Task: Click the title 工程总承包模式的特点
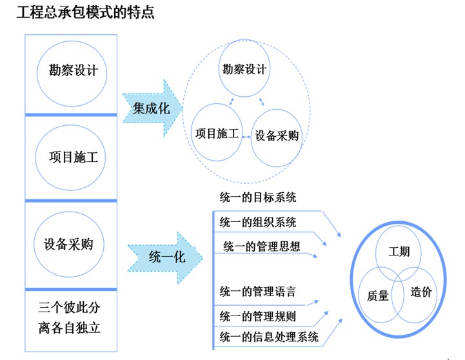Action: click(85, 12)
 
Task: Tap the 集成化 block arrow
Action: click(152, 108)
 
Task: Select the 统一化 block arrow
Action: click(165, 257)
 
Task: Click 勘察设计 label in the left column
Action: click(74, 70)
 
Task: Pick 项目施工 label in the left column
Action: click(74, 157)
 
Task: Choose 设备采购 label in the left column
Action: click(68, 244)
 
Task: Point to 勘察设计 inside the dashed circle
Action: click(244, 69)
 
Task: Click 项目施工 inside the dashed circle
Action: click(217, 134)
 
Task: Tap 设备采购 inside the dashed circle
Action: click(277, 135)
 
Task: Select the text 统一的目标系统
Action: click(258, 197)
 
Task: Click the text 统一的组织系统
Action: click(258, 222)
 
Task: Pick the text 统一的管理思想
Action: click(262, 246)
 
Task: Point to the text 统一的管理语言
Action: click(258, 292)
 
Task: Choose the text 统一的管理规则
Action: click(258, 316)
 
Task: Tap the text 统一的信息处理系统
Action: click(269, 337)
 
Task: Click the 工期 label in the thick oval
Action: click(399, 252)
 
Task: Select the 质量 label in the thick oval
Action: click(377, 295)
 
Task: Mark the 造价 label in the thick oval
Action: click(421, 292)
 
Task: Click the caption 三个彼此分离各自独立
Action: click(69, 317)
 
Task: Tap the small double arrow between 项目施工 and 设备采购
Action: click(246, 137)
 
